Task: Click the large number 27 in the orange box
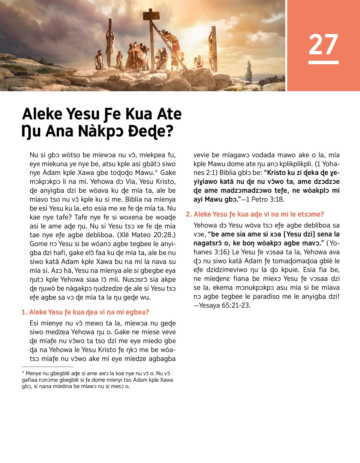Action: pyautogui.click(x=323, y=44)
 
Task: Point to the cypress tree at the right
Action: pyautogui.click(x=249, y=71)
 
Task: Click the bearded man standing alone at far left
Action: pyautogui.click(x=99, y=60)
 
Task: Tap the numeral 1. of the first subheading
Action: pyautogui.click(x=24, y=312)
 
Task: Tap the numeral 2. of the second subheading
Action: pyautogui.click(x=188, y=214)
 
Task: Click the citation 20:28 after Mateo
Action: pyautogui.click(x=163, y=235)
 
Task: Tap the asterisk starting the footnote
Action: pyautogui.click(x=23, y=373)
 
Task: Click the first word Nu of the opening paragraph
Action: pyautogui.click(x=34, y=155)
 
